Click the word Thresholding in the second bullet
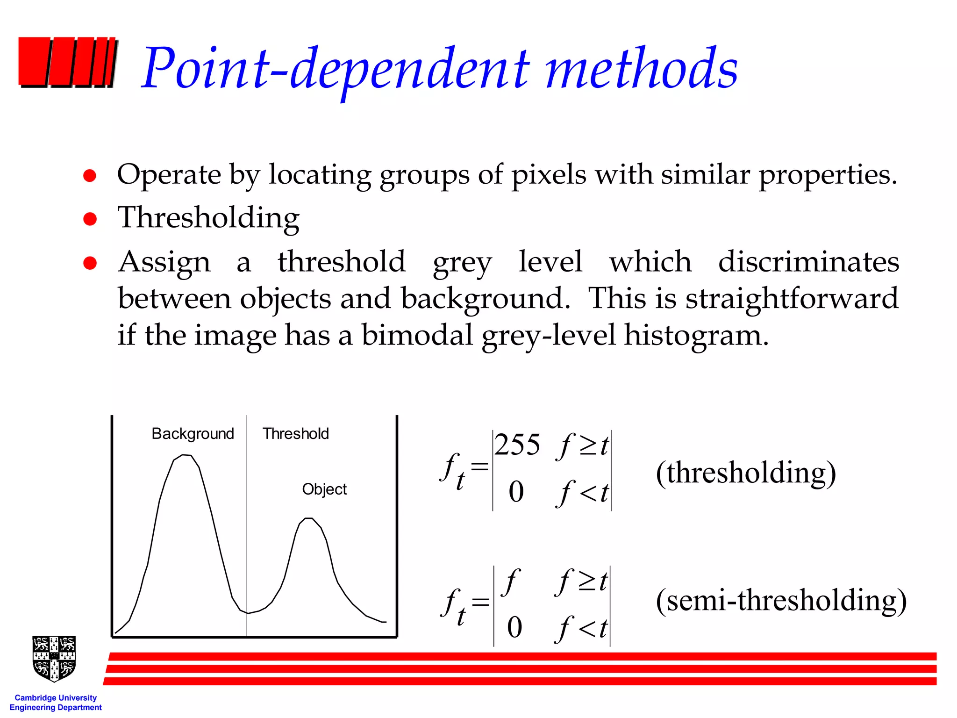click(x=208, y=218)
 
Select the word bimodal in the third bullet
click(x=417, y=335)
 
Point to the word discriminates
click(x=808, y=261)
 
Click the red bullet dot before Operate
click(x=90, y=176)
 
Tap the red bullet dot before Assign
click(x=90, y=263)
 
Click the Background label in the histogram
click(x=193, y=434)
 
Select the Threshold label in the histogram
click(x=295, y=434)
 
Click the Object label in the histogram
click(x=324, y=489)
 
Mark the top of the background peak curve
click(x=186, y=455)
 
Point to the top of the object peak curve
click(x=308, y=518)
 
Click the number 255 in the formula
click(x=517, y=445)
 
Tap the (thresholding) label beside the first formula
click(x=746, y=473)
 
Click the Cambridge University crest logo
click(x=54, y=658)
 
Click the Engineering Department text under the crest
click(x=56, y=708)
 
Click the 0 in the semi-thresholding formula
click(x=514, y=627)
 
